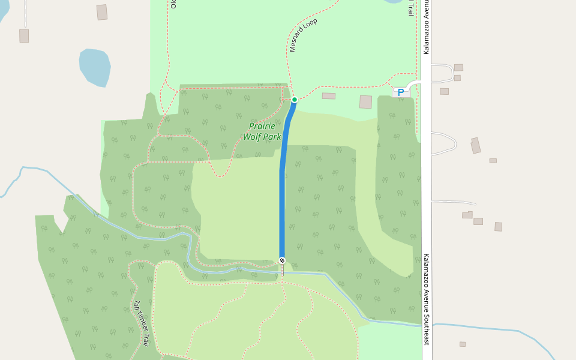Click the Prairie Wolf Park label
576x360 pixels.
pos(262,131)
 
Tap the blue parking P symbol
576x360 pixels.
pos(401,92)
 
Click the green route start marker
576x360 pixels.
pos(294,100)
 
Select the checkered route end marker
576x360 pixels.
pos(282,260)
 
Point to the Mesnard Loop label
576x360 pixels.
pos(303,35)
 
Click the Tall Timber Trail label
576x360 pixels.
pos(140,324)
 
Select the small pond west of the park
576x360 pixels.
pos(95,67)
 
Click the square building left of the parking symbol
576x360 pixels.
pos(365,102)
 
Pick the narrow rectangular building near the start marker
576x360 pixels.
pos(329,96)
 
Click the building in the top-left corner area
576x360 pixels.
pos(102,12)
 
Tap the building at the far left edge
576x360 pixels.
pos(24,35)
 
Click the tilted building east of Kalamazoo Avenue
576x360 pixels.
pos(476,146)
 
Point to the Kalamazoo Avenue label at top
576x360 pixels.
pos(427,27)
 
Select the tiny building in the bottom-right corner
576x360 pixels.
pos(463,344)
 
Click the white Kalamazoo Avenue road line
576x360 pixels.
pos(427,180)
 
